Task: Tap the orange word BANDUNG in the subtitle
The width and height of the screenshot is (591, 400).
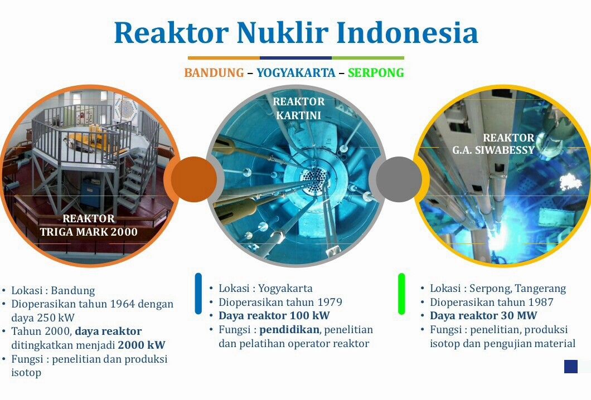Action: pos(214,72)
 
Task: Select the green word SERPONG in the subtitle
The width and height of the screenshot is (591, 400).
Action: pos(376,72)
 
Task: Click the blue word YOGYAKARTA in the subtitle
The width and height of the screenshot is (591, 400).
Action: pos(296,72)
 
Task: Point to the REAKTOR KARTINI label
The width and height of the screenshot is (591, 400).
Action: pos(298,109)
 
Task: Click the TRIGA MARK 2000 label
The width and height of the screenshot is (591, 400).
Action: pos(89,232)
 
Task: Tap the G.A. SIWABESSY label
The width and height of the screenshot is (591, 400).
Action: pos(494,150)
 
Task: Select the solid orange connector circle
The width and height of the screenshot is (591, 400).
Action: pos(193,179)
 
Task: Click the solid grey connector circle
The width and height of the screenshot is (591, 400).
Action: pos(399,179)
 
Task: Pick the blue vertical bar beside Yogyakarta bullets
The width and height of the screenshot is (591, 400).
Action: pos(198,294)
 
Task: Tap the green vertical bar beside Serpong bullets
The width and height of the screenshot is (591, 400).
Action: pos(401,294)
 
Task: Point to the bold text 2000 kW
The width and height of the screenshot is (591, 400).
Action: pos(142,345)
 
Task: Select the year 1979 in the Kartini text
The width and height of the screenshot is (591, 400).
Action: pos(330,302)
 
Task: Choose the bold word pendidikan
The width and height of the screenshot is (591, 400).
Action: pos(289,330)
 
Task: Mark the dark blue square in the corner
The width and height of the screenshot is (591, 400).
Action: pos(570,367)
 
